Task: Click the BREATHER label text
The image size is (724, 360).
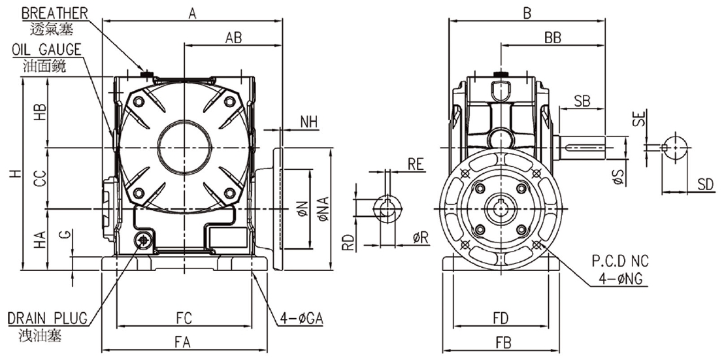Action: click(x=54, y=13)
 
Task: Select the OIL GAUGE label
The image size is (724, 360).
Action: click(x=46, y=50)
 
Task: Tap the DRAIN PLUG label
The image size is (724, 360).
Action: click(x=47, y=318)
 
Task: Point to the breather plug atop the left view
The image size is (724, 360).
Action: click(x=147, y=73)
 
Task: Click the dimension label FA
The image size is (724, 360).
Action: click(x=184, y=342)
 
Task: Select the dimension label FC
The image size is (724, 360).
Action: click(x=184, y=318)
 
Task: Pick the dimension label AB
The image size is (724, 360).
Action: click(x=233, y=38)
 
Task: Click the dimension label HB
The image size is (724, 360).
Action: click(x=40, y=112)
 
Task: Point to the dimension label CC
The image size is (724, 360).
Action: click(x=40, y=179)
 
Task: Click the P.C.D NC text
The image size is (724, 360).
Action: click(x=620, y=262)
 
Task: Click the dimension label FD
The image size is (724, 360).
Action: click(x=501, y=318)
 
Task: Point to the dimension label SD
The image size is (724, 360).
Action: click(x=706, y=185)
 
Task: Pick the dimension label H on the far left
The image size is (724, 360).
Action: click(x=16, y=174)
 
